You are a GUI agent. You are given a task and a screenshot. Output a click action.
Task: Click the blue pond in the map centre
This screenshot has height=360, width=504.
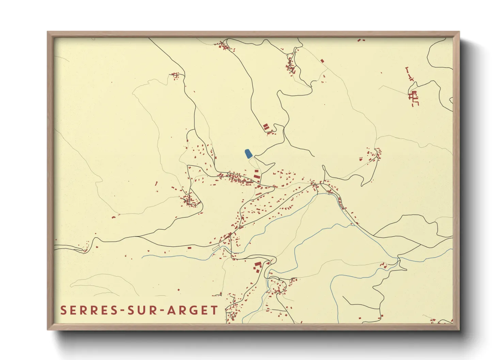249,154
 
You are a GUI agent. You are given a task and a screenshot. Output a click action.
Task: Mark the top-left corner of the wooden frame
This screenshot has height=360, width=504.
48,32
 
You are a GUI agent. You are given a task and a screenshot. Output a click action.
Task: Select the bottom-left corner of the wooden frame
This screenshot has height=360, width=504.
48,329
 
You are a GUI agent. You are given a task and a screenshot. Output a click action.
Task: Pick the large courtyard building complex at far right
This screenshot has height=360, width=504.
414,97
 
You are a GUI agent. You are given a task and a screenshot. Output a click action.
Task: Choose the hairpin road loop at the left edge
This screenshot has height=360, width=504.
82,249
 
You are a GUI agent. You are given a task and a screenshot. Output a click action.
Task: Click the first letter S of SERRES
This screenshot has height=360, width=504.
63,310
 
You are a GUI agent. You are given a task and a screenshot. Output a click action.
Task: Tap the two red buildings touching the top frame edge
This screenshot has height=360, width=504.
361,40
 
